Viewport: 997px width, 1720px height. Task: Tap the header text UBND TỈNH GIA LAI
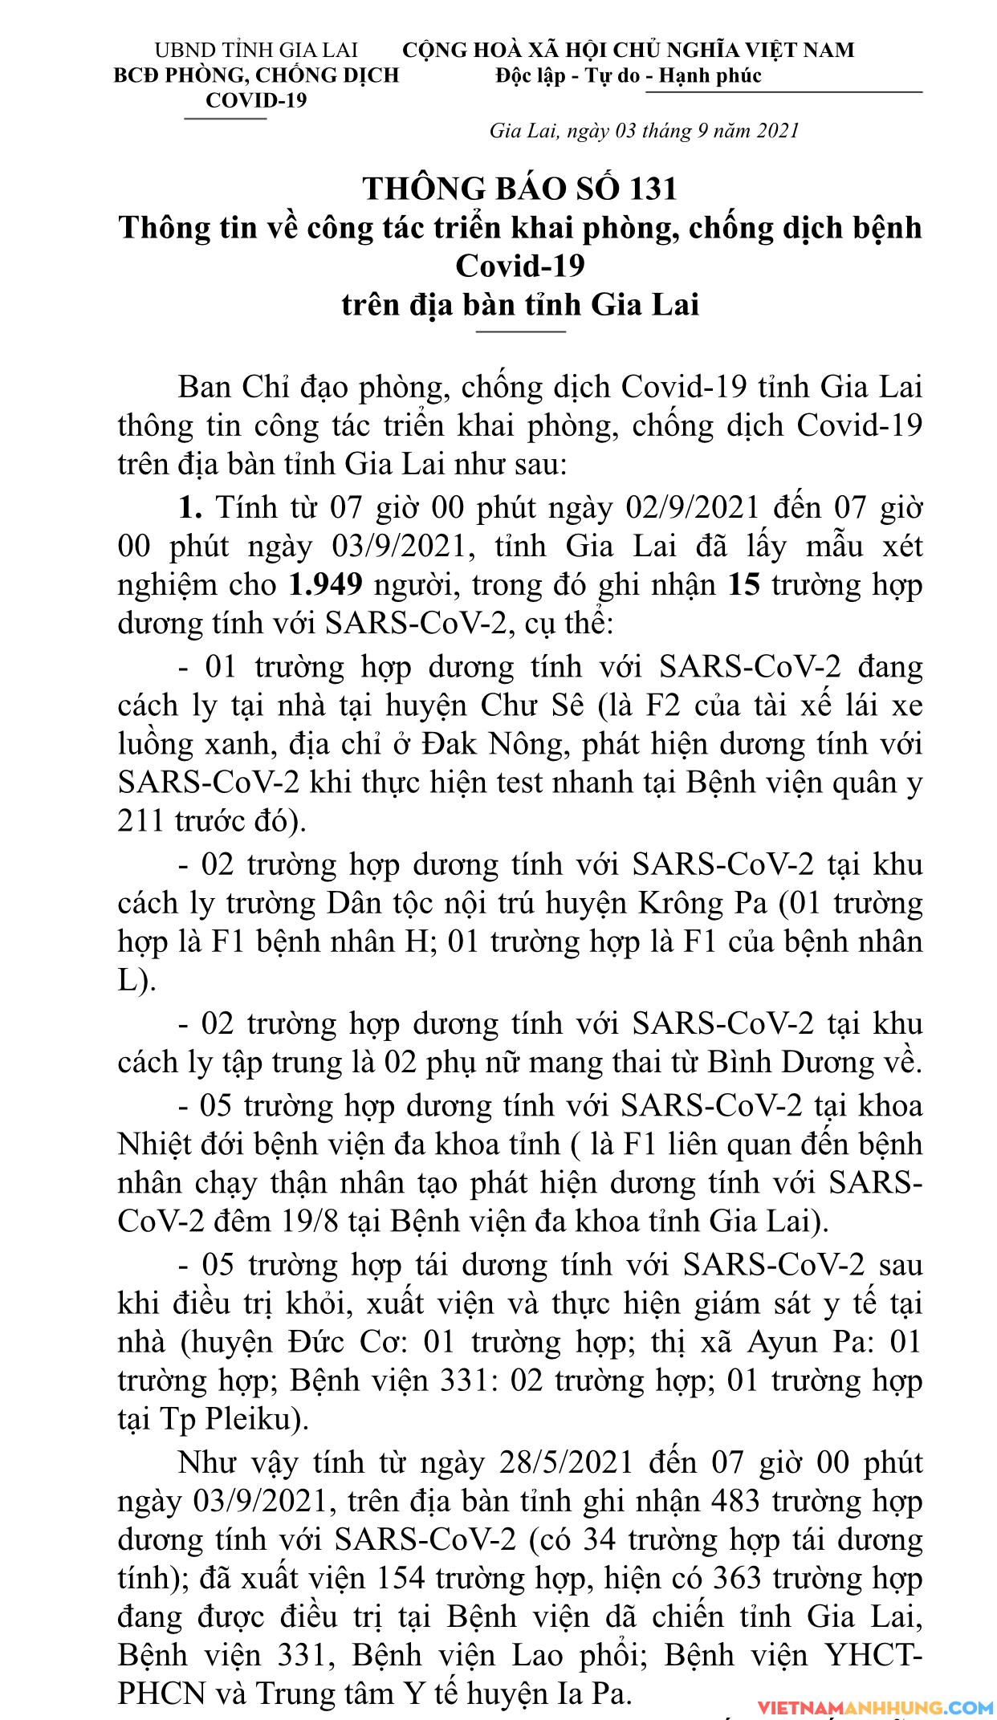[x=256, y=51]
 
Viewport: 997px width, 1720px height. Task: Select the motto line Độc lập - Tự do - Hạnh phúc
[x=628, y=76]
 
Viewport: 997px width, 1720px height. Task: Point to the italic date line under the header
[x=644, y=130]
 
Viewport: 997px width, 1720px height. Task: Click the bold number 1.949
[x=324, y=586]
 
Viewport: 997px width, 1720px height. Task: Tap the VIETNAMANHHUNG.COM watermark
[x=871, y=1706]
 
